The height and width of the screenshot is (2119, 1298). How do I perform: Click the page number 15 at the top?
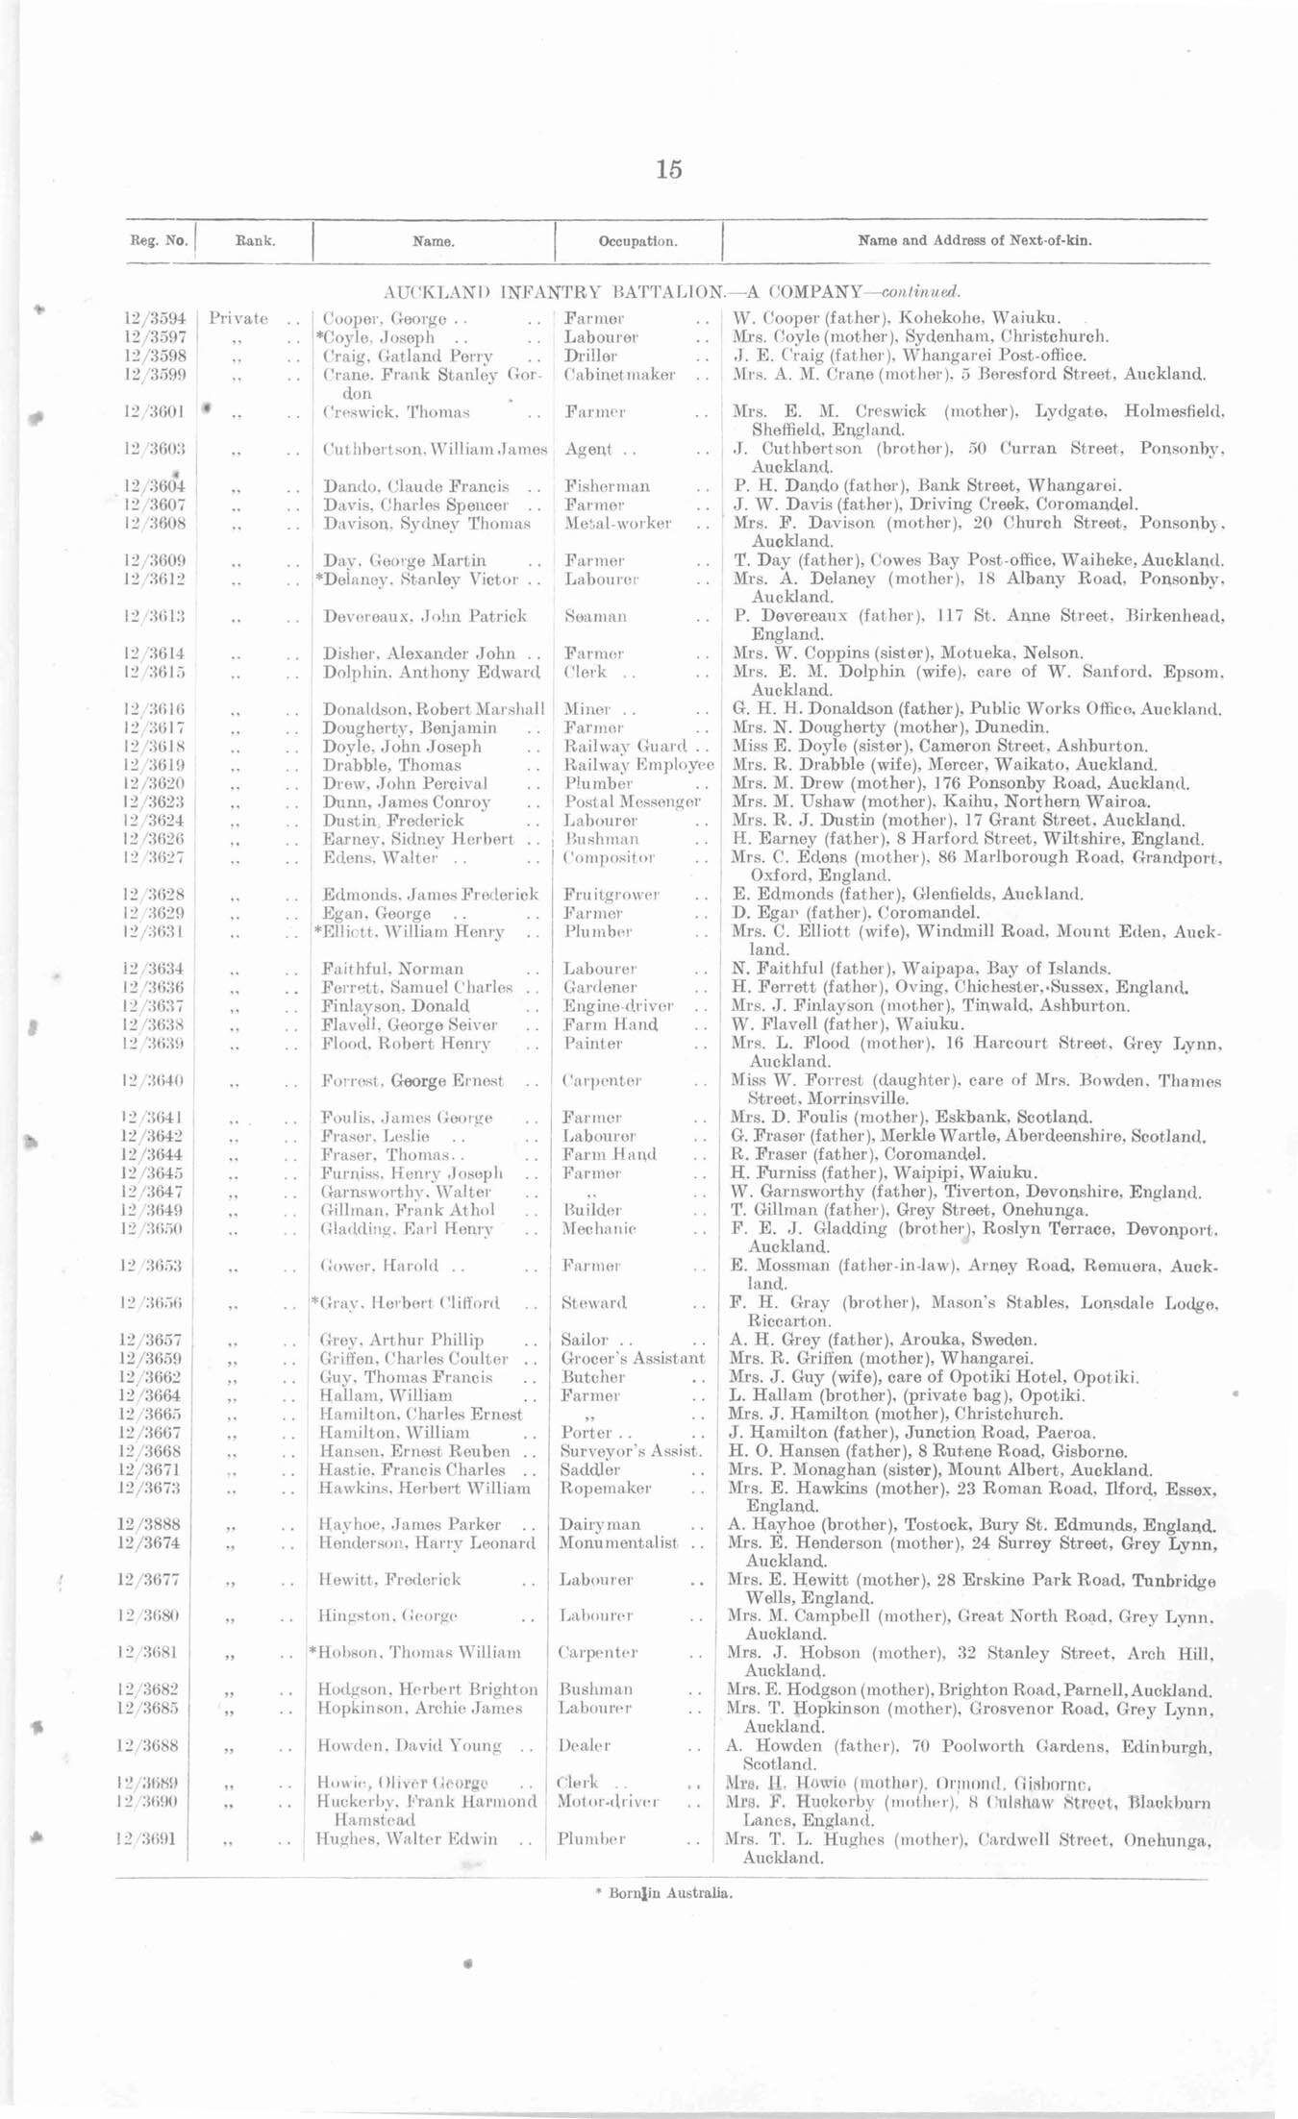click(669, 170)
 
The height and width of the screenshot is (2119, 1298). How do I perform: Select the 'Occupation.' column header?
click(637, 241)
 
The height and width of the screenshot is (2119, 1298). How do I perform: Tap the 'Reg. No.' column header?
click(156, 241)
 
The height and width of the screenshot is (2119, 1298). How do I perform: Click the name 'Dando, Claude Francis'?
click(416, 486)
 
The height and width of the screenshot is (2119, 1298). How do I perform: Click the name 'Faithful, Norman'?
click(392, 969)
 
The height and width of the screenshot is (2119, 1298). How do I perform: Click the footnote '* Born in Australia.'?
click(664, 1894)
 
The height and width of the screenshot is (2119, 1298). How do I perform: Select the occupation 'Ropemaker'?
click(606, 1488)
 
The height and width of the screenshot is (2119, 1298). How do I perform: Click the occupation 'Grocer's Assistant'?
click(633, 1358)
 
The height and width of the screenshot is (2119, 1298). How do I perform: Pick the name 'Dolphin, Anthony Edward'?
click(431, 672)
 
